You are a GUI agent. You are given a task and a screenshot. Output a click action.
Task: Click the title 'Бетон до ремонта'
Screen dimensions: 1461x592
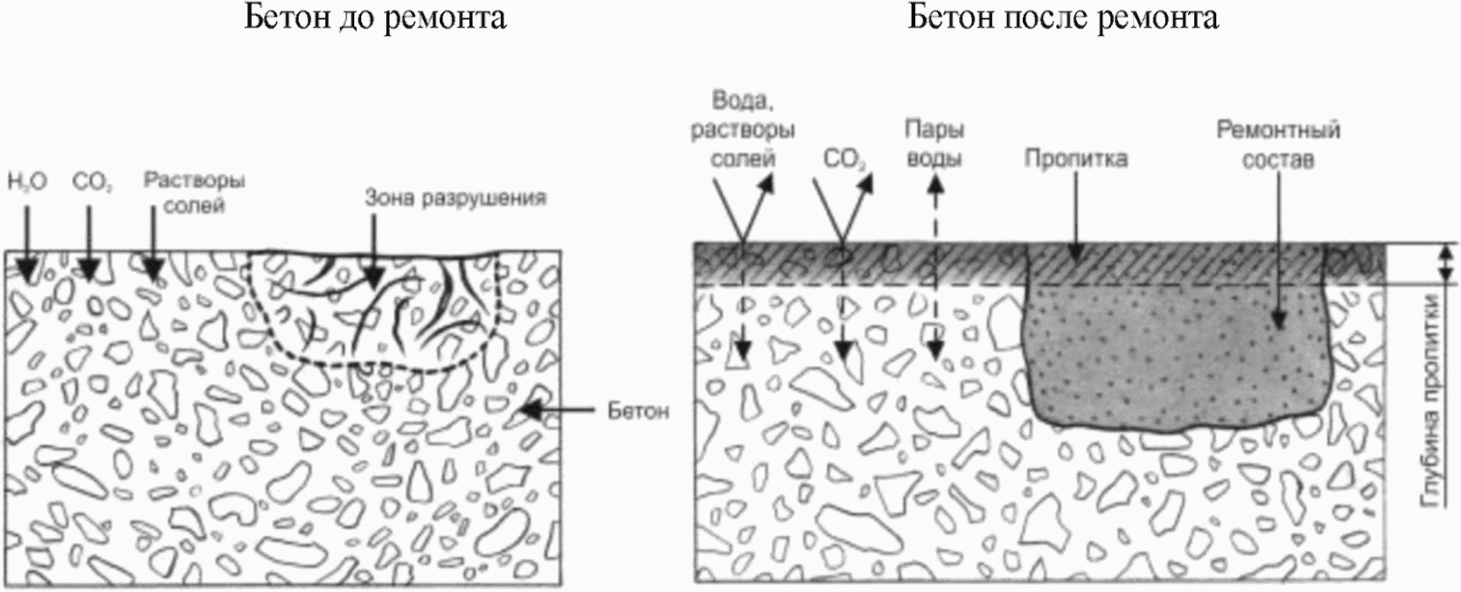375,19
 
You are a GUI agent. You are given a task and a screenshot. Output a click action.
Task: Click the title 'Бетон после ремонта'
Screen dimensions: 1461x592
1064,19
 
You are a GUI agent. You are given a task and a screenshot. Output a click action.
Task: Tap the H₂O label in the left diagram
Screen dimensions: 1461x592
26,184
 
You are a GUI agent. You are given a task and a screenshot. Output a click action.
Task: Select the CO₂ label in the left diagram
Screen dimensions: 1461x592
91,184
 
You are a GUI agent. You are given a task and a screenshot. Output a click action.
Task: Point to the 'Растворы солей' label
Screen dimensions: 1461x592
194,193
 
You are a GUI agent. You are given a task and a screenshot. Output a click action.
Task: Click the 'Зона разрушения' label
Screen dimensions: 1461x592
456,197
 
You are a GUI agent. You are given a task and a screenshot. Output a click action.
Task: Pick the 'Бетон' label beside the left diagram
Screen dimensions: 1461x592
638,411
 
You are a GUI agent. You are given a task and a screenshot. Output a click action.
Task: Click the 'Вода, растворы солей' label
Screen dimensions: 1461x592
743,129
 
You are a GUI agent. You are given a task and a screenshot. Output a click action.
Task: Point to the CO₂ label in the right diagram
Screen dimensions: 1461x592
844,159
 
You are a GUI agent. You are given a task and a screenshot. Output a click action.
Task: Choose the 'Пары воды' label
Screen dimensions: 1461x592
934,144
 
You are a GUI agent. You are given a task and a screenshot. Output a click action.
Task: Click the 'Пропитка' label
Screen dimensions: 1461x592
1075,159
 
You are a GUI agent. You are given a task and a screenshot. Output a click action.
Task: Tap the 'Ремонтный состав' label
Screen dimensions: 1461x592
1278,144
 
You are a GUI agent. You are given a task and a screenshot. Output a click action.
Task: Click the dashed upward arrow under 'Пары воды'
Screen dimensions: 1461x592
935,265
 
